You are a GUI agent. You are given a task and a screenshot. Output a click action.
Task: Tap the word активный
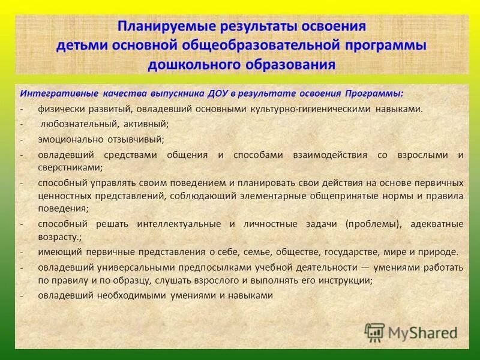click(x=146, y=124)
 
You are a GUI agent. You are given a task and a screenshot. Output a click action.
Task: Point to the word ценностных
click(x=63, y=196)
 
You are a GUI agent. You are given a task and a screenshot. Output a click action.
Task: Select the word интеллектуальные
click(x=178, y=224)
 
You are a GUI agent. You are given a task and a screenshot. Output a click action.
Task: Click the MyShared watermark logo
click(x=411, y=331)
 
